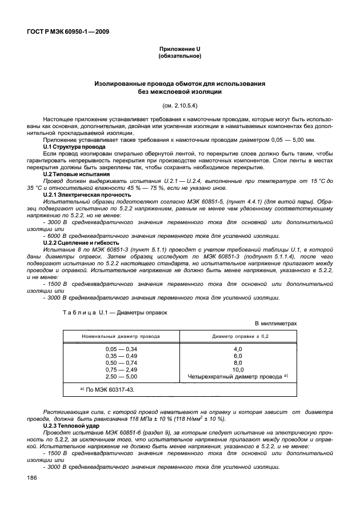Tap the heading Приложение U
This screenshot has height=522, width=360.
coord(179,50)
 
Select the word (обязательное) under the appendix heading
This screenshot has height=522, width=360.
coord(179,57)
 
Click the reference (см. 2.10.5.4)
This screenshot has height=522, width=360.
coord(179,105)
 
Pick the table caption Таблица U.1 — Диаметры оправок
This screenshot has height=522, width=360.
coord(115,312)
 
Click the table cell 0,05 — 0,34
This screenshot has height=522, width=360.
coord(121,349)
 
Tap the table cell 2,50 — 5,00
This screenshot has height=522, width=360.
coord(121,377)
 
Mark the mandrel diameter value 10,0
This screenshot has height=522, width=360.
coord(238,370)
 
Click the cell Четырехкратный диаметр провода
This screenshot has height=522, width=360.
coord(235,377)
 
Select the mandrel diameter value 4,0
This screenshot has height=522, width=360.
coord(238,349)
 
